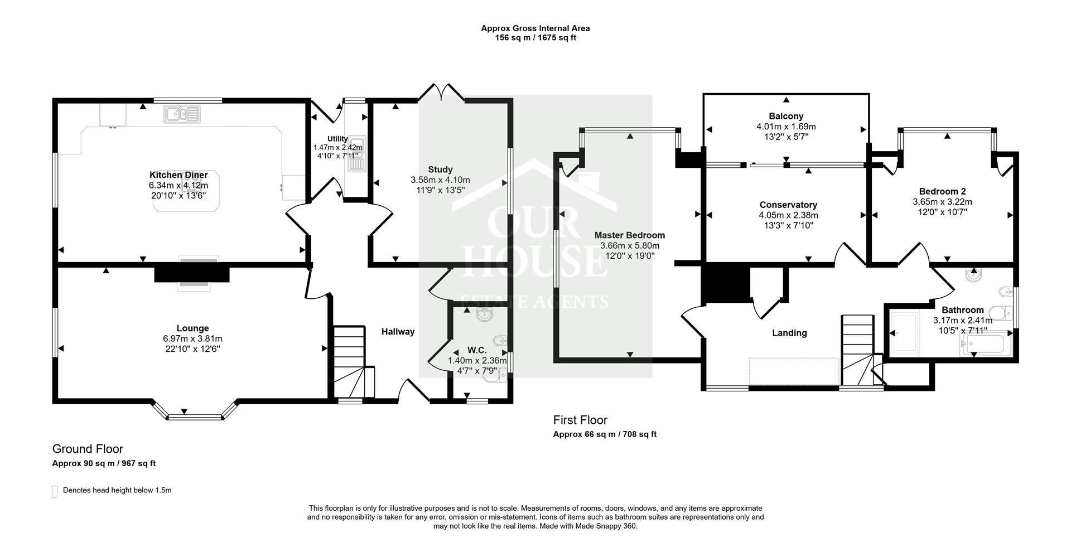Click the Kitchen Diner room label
pyautogui.click(x=178, y=175)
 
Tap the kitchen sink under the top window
pyautogui.click(x=182, y=114)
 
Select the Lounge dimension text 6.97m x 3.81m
pyautogui.click(x=192, y=338)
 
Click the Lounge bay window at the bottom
pyautogui.click(x=195, y=415)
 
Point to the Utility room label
pyautogui.click(x=337, y=139)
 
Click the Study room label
pyautogui.click(x=440, y=170)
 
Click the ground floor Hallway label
pyautogui.click(x=398, y=332)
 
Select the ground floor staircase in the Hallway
pyautogui.click(x=350, y=360)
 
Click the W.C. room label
pyautogui.click(x=477, y=350)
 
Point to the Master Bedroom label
pyautogui.click(x=629, y=235)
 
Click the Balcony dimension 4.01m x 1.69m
pyautogui.click(x=786, y=127)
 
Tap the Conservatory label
pyautogui.click(x=788, y=205)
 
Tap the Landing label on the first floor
pyautogui.click(x=789, y=333)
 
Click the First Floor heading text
pyautogui.click(x=580, y=420)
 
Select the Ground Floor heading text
pyautogui.click(x=88, y=449)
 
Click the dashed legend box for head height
pyautogui.click(x=55, y=491)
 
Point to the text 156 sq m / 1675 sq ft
pyautogui.click(x=535, y=38)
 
